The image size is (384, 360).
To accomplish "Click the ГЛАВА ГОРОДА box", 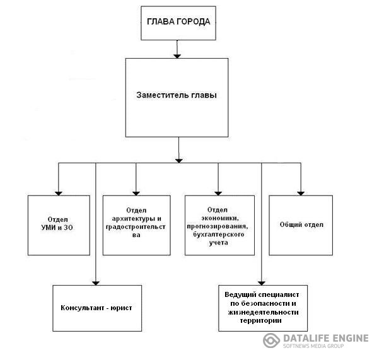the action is pyautogui.click(x=178, y=23).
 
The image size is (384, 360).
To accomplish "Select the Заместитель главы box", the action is pyautogui.click(x=177, y=98).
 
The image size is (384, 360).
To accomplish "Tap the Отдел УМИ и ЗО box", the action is pyautogui.click(x=59, y=225).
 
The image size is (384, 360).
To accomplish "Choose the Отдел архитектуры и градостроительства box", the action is pyautogui.click(x=136, y=225).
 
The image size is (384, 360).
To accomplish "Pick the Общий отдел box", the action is pyautogui.click(x=301, y=225).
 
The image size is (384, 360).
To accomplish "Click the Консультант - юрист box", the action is pyautogui.click(x=97, y=308).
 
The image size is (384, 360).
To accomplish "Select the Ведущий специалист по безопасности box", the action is pyautogui.click(x=263, y=308).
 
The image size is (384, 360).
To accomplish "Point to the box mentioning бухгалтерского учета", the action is pyautogui.click(x=219, y=225).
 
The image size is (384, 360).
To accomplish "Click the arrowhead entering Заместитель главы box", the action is pyautogui.click(x=177, y=56).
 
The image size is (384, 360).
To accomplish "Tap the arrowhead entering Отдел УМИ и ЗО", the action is pyautogui.click(x=58, y=194).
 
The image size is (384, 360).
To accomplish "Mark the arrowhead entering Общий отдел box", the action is pyautogui.click(x=301, y=194).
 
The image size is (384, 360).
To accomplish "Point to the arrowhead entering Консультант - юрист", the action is pyautogui.click(x=96, y=283).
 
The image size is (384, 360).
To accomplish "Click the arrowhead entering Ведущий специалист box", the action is pyautogui.click(x=262, y=283).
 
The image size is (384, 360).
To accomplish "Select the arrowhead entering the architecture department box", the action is pyautogui.click(x=136, y=194).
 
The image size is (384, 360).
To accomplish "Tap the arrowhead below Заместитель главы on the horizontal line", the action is pyautogui.click(x=179, y=161).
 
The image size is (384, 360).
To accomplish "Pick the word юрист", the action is pyautogui.click(x=121, y=308).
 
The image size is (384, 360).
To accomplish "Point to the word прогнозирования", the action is pyautogui.click(x=218, y=226).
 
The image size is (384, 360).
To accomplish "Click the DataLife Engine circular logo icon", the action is pyautogui.click(x=271, y=340).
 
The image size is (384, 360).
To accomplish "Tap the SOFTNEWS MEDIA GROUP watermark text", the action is pyautogui.click(x=313, y=345).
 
